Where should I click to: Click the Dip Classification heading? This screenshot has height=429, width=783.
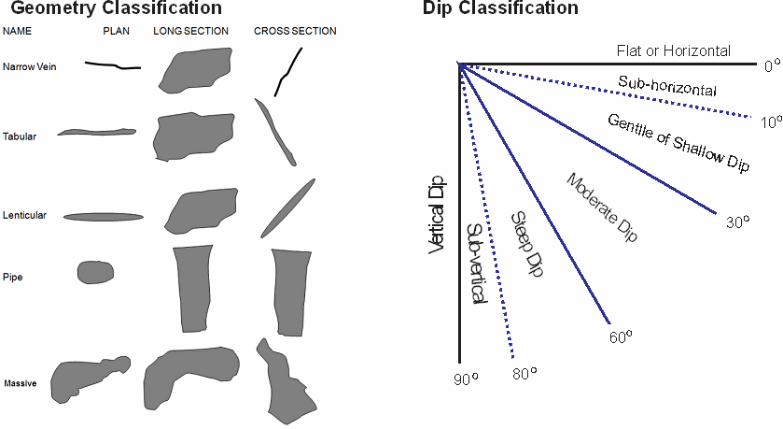pos(499,9)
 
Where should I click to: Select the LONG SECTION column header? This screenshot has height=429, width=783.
pos(190,31)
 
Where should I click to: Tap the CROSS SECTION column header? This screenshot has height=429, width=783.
pos(295,31)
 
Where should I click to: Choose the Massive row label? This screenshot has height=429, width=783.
pos(20,383)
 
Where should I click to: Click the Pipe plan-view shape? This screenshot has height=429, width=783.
pos(94,272)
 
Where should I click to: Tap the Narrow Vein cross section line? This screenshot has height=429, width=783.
pos(289,70)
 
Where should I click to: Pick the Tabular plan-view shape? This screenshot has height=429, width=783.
pos(97,132)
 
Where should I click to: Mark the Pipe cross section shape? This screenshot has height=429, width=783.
pos(289,291)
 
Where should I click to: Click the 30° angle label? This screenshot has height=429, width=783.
pos(737,222)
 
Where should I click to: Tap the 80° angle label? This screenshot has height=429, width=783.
pos(526,374)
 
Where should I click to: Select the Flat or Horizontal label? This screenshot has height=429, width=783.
pos(673,50)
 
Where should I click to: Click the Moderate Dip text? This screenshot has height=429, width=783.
pos(603,208)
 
